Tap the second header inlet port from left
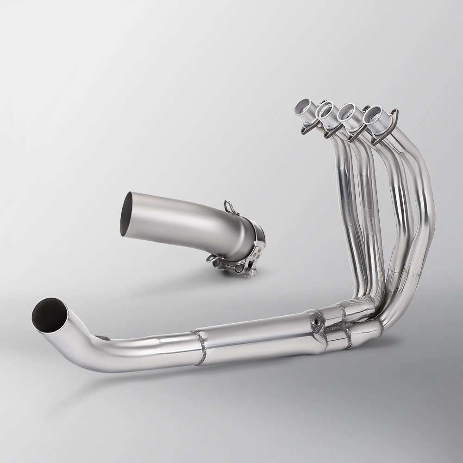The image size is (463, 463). (325, 111)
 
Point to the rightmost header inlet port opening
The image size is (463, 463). (373, 115)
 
